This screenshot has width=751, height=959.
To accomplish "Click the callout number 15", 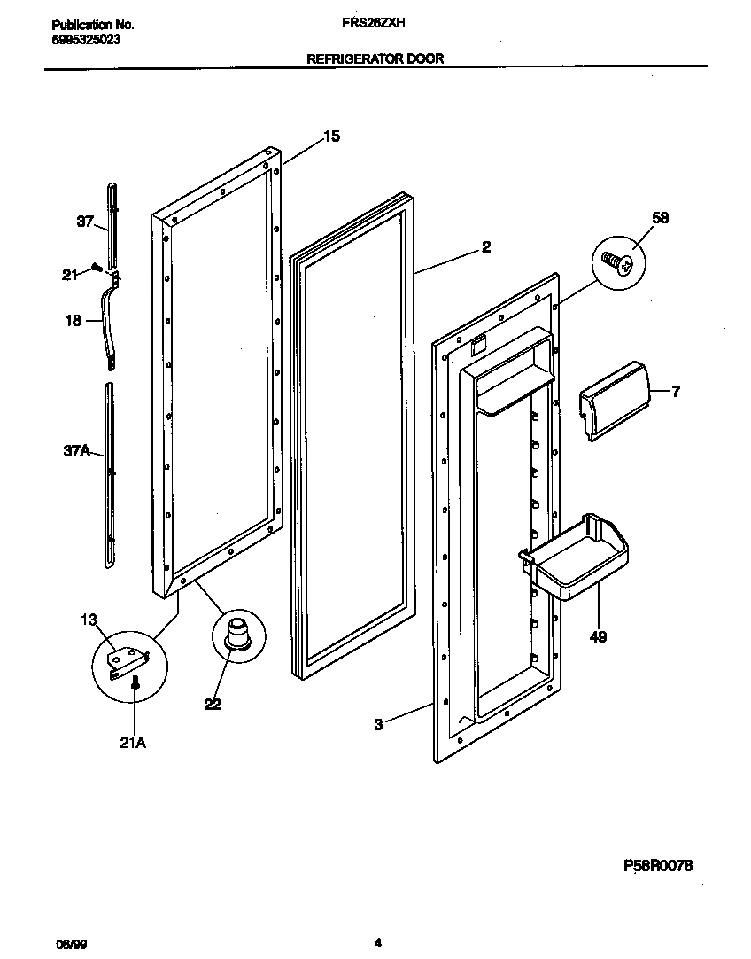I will coord(331,136).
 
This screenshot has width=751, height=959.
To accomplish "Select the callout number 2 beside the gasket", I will coord(485,247).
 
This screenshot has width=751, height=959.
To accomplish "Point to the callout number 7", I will coord(676,391).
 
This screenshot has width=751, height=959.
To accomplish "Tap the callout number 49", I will coord(599,635).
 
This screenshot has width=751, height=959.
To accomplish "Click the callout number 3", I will coord(378,724).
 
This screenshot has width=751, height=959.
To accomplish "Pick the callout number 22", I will coord(212,704).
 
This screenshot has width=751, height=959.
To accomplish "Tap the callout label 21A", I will coord(133,743).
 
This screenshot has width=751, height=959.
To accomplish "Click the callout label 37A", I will coord(76,452).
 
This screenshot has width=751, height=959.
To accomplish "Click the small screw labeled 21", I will coord(97,267).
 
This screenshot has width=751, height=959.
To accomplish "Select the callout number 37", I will coord(85,222).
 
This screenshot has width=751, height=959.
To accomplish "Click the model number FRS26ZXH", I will coord(375,27).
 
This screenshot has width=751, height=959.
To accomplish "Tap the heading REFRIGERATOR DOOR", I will coord(375,59).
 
